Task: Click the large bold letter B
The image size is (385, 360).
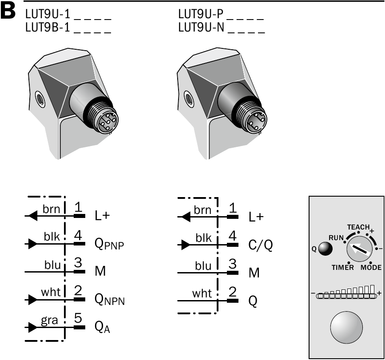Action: tap(8, 11)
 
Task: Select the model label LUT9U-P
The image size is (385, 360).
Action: tap(201, 14)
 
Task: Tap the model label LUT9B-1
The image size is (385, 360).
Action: tap(48, 27)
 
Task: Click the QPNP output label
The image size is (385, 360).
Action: tap(109, 244)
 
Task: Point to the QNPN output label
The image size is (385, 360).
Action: tap(110, 300)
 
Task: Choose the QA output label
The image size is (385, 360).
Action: tap(103, 327)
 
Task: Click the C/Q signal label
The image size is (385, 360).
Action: tap(261, 245)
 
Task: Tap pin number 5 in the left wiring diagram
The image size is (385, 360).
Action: tap(78, 318)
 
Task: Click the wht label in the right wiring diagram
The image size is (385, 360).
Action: tap(202, 293)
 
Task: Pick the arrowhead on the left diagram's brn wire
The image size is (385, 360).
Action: tap(33, 216)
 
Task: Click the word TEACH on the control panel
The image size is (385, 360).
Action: tap(358, 227)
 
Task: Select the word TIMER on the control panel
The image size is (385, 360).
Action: tap(343, 267)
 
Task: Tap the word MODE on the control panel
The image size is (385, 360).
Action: tap(371, 267)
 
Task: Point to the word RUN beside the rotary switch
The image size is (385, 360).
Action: tap(336, 238)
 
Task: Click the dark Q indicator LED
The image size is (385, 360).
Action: tap(325, 249)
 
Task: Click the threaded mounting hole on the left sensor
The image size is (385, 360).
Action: tap(40, 99)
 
